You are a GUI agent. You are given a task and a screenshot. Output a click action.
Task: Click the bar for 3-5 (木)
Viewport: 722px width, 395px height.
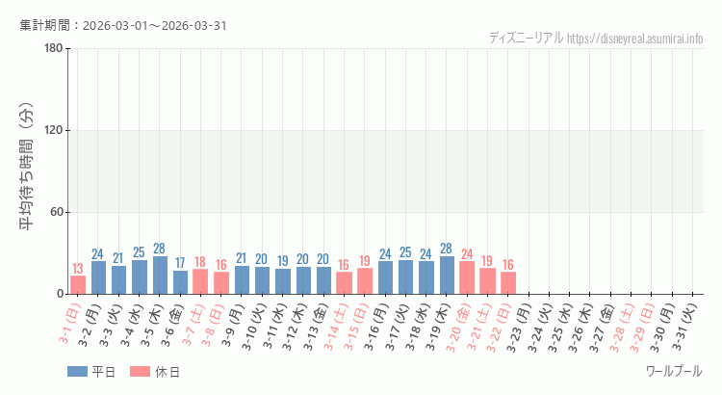coord(160,276)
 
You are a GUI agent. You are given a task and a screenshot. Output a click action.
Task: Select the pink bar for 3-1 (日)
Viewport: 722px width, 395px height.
coord(78,285)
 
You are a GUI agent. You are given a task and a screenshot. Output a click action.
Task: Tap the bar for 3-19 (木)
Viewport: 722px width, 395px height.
coord(447,276)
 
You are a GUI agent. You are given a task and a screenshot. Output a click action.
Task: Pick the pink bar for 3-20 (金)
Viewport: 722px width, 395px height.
coord(467,277)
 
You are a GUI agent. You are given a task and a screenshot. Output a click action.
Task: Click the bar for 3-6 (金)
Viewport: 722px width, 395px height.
coord(180,282)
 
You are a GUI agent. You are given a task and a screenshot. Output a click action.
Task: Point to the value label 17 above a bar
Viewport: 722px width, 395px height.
coord(180,263)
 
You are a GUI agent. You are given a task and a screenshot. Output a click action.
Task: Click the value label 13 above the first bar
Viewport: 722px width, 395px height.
coord(78,269)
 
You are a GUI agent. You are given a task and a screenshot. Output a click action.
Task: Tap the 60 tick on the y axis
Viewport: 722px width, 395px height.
coord(56,213)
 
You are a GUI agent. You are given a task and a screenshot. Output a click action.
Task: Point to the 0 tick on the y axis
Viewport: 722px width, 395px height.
coord(60,294)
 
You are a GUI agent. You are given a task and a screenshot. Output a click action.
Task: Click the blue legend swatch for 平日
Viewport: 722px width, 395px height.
coord(77,372)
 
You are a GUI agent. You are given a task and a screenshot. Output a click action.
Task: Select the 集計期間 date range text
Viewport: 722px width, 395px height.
coord(123,25)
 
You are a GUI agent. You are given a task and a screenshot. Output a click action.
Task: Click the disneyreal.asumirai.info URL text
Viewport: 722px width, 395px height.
coord(634,39)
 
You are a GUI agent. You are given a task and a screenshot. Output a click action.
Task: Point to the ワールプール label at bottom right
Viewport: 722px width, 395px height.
coord(673,371)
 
